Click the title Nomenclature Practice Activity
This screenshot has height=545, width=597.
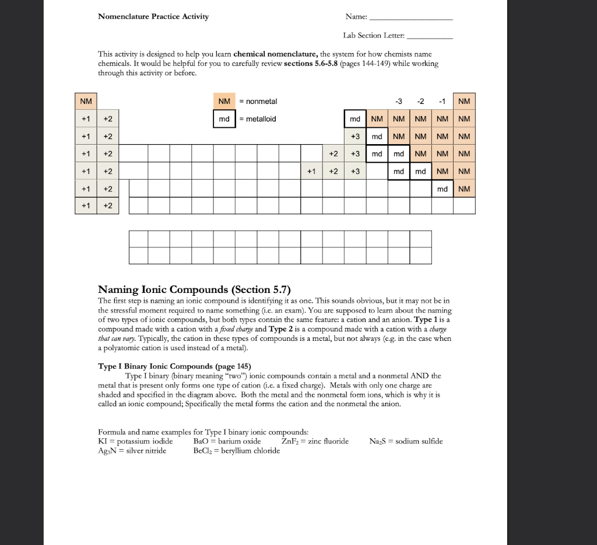153,16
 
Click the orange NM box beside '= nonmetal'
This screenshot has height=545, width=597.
224,102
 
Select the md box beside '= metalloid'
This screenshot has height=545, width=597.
224,119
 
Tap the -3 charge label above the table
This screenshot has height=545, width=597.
399,102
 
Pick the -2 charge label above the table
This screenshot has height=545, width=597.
421,102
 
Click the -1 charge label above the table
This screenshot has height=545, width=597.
443,102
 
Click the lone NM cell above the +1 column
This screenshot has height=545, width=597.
86,102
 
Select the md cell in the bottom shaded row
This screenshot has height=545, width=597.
443,189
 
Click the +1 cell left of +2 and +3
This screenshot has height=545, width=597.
311,172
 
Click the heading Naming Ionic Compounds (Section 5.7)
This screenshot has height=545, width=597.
194,289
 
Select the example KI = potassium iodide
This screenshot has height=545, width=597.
135,441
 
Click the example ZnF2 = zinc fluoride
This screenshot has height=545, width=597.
315,441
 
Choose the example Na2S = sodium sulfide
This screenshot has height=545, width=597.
406,441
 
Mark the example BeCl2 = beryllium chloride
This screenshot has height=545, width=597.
236,450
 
